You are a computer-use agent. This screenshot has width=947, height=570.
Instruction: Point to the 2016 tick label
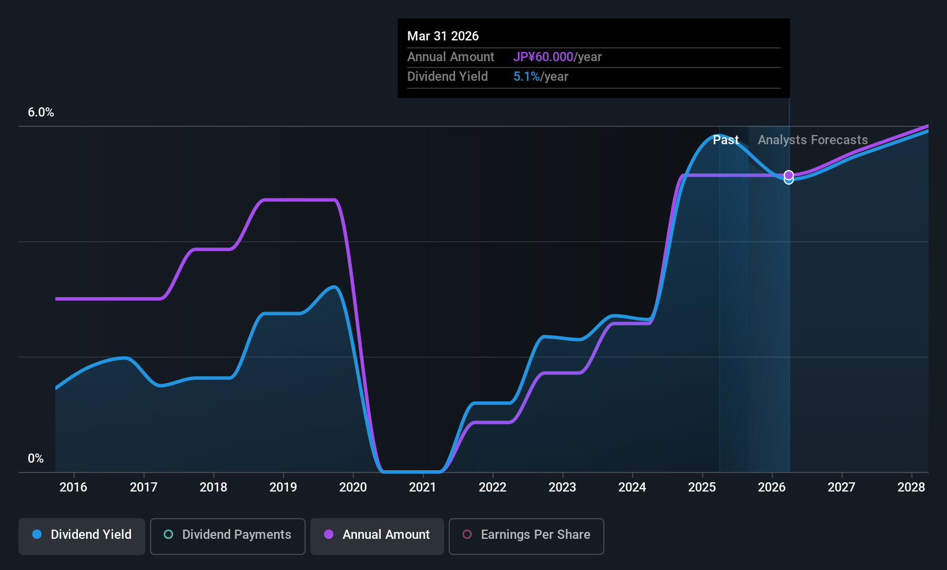73,487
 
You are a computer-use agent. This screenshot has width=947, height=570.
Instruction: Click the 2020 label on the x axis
353,487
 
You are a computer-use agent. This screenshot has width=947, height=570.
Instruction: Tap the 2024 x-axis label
632,487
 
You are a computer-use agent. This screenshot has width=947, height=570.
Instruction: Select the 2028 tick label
911,487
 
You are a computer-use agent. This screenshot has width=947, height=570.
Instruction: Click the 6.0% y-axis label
41,112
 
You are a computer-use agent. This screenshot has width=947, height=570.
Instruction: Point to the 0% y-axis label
36,459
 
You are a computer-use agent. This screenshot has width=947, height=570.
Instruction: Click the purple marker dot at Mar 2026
789,175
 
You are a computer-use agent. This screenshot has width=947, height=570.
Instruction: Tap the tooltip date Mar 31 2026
443,36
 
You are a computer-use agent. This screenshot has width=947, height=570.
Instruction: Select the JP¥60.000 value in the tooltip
543,57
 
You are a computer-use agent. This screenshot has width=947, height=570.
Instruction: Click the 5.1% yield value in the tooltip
527,77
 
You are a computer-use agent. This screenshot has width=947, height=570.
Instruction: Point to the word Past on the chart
726,140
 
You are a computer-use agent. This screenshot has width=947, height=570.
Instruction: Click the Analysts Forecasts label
813,140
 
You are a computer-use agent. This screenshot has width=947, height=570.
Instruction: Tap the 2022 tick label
493,487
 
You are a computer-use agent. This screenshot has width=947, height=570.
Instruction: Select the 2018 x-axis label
213,487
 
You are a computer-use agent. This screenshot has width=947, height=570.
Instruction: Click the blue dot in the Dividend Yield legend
37,535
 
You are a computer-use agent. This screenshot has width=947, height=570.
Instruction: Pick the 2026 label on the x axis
772,487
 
